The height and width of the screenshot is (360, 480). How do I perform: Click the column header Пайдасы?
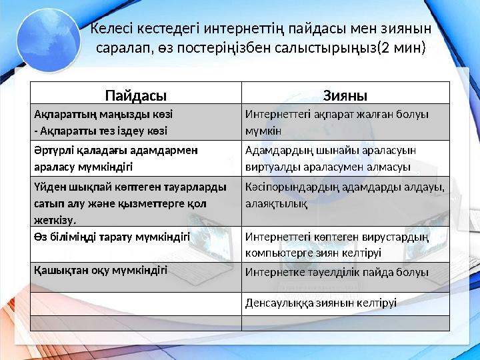[135, 94]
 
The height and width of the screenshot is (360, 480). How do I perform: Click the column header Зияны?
[345, 94]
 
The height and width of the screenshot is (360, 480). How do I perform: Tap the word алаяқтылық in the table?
[276, 206]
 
